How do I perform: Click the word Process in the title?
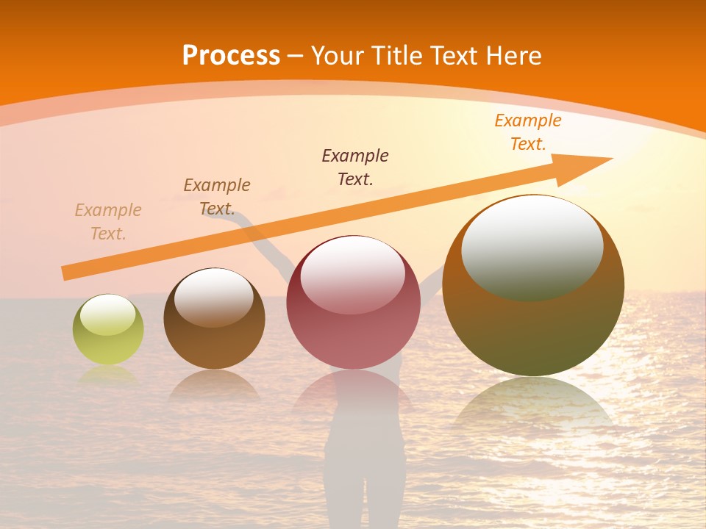(231, 55)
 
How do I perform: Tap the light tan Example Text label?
(108, 222)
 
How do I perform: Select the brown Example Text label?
(217, 196)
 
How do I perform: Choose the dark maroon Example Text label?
(355, 167)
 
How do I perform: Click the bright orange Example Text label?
(527, 132)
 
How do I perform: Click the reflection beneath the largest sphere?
(533, 404)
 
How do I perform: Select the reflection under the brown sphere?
(214, 386)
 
